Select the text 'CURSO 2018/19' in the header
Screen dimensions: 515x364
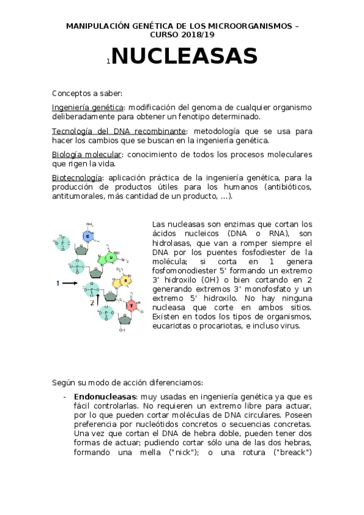point(182,35)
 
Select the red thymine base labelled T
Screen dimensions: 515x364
point(131,305)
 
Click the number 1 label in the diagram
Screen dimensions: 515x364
point(58,283)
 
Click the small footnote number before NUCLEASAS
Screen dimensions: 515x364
point(108,61)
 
